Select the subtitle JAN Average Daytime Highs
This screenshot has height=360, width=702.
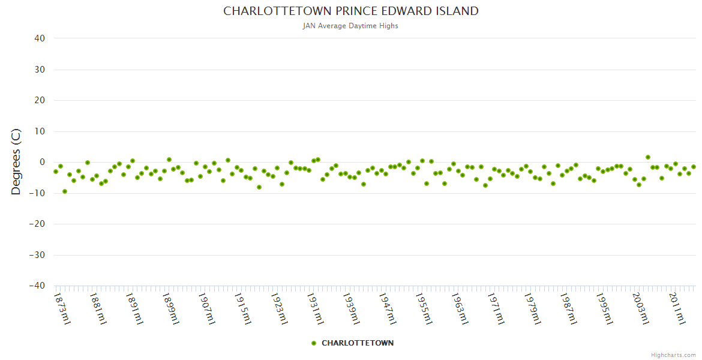click(x=351, y=26)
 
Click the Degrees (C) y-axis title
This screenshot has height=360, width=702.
click(x=16, y=162)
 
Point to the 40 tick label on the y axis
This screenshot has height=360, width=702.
click(x=40, y=38)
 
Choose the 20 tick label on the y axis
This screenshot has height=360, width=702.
click(x=40, y=100)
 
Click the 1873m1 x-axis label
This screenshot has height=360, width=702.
click(x=62, y=308)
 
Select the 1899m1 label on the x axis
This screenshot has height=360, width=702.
click(x=171, y=308)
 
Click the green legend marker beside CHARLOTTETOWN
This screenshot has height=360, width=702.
click(x=314, y=343)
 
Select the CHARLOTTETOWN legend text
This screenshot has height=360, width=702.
click(x=358, y=343)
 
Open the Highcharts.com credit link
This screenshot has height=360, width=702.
click(x=673, y=355)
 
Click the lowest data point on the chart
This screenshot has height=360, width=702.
click(x=65, y=191)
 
